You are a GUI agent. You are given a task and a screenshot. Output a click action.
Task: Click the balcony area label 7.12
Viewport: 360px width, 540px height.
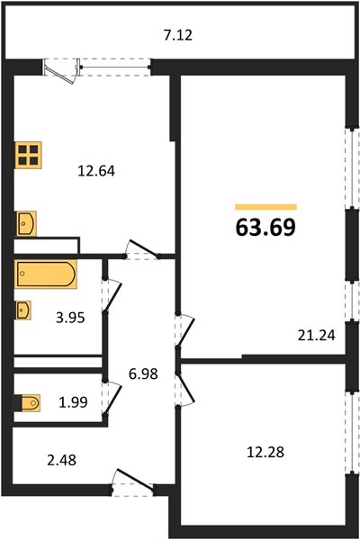click(178, 35)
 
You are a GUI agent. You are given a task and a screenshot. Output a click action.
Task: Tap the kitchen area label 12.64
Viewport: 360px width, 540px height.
click(96, 171)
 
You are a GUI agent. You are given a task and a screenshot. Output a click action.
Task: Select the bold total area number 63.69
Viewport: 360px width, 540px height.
click(265, 228)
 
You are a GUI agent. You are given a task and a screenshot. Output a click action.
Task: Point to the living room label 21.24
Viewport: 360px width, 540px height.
click(316, 335)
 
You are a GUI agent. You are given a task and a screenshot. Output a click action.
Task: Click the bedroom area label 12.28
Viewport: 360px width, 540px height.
click(265, 452)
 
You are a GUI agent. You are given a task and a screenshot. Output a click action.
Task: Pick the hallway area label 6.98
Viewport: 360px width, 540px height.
click(143, 373)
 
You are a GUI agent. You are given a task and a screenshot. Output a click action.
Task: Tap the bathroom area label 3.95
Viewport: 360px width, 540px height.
click(70, 318)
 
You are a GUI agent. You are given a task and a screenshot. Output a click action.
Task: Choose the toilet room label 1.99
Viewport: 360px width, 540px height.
click(73, 402)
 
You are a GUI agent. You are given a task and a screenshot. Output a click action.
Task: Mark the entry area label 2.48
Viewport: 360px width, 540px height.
click(62, 460)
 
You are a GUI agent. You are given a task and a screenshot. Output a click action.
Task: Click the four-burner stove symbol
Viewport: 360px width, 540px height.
click(28, 155)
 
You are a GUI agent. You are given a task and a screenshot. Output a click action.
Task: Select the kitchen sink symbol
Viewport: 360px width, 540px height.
click(26, 223)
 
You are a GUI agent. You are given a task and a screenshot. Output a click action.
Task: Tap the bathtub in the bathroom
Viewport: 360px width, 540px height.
click(45, 274)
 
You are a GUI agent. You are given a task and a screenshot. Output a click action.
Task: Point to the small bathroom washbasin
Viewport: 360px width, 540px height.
click(23, 310)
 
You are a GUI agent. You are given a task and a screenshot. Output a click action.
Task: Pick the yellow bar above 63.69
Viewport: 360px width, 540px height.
click(266, 207)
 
